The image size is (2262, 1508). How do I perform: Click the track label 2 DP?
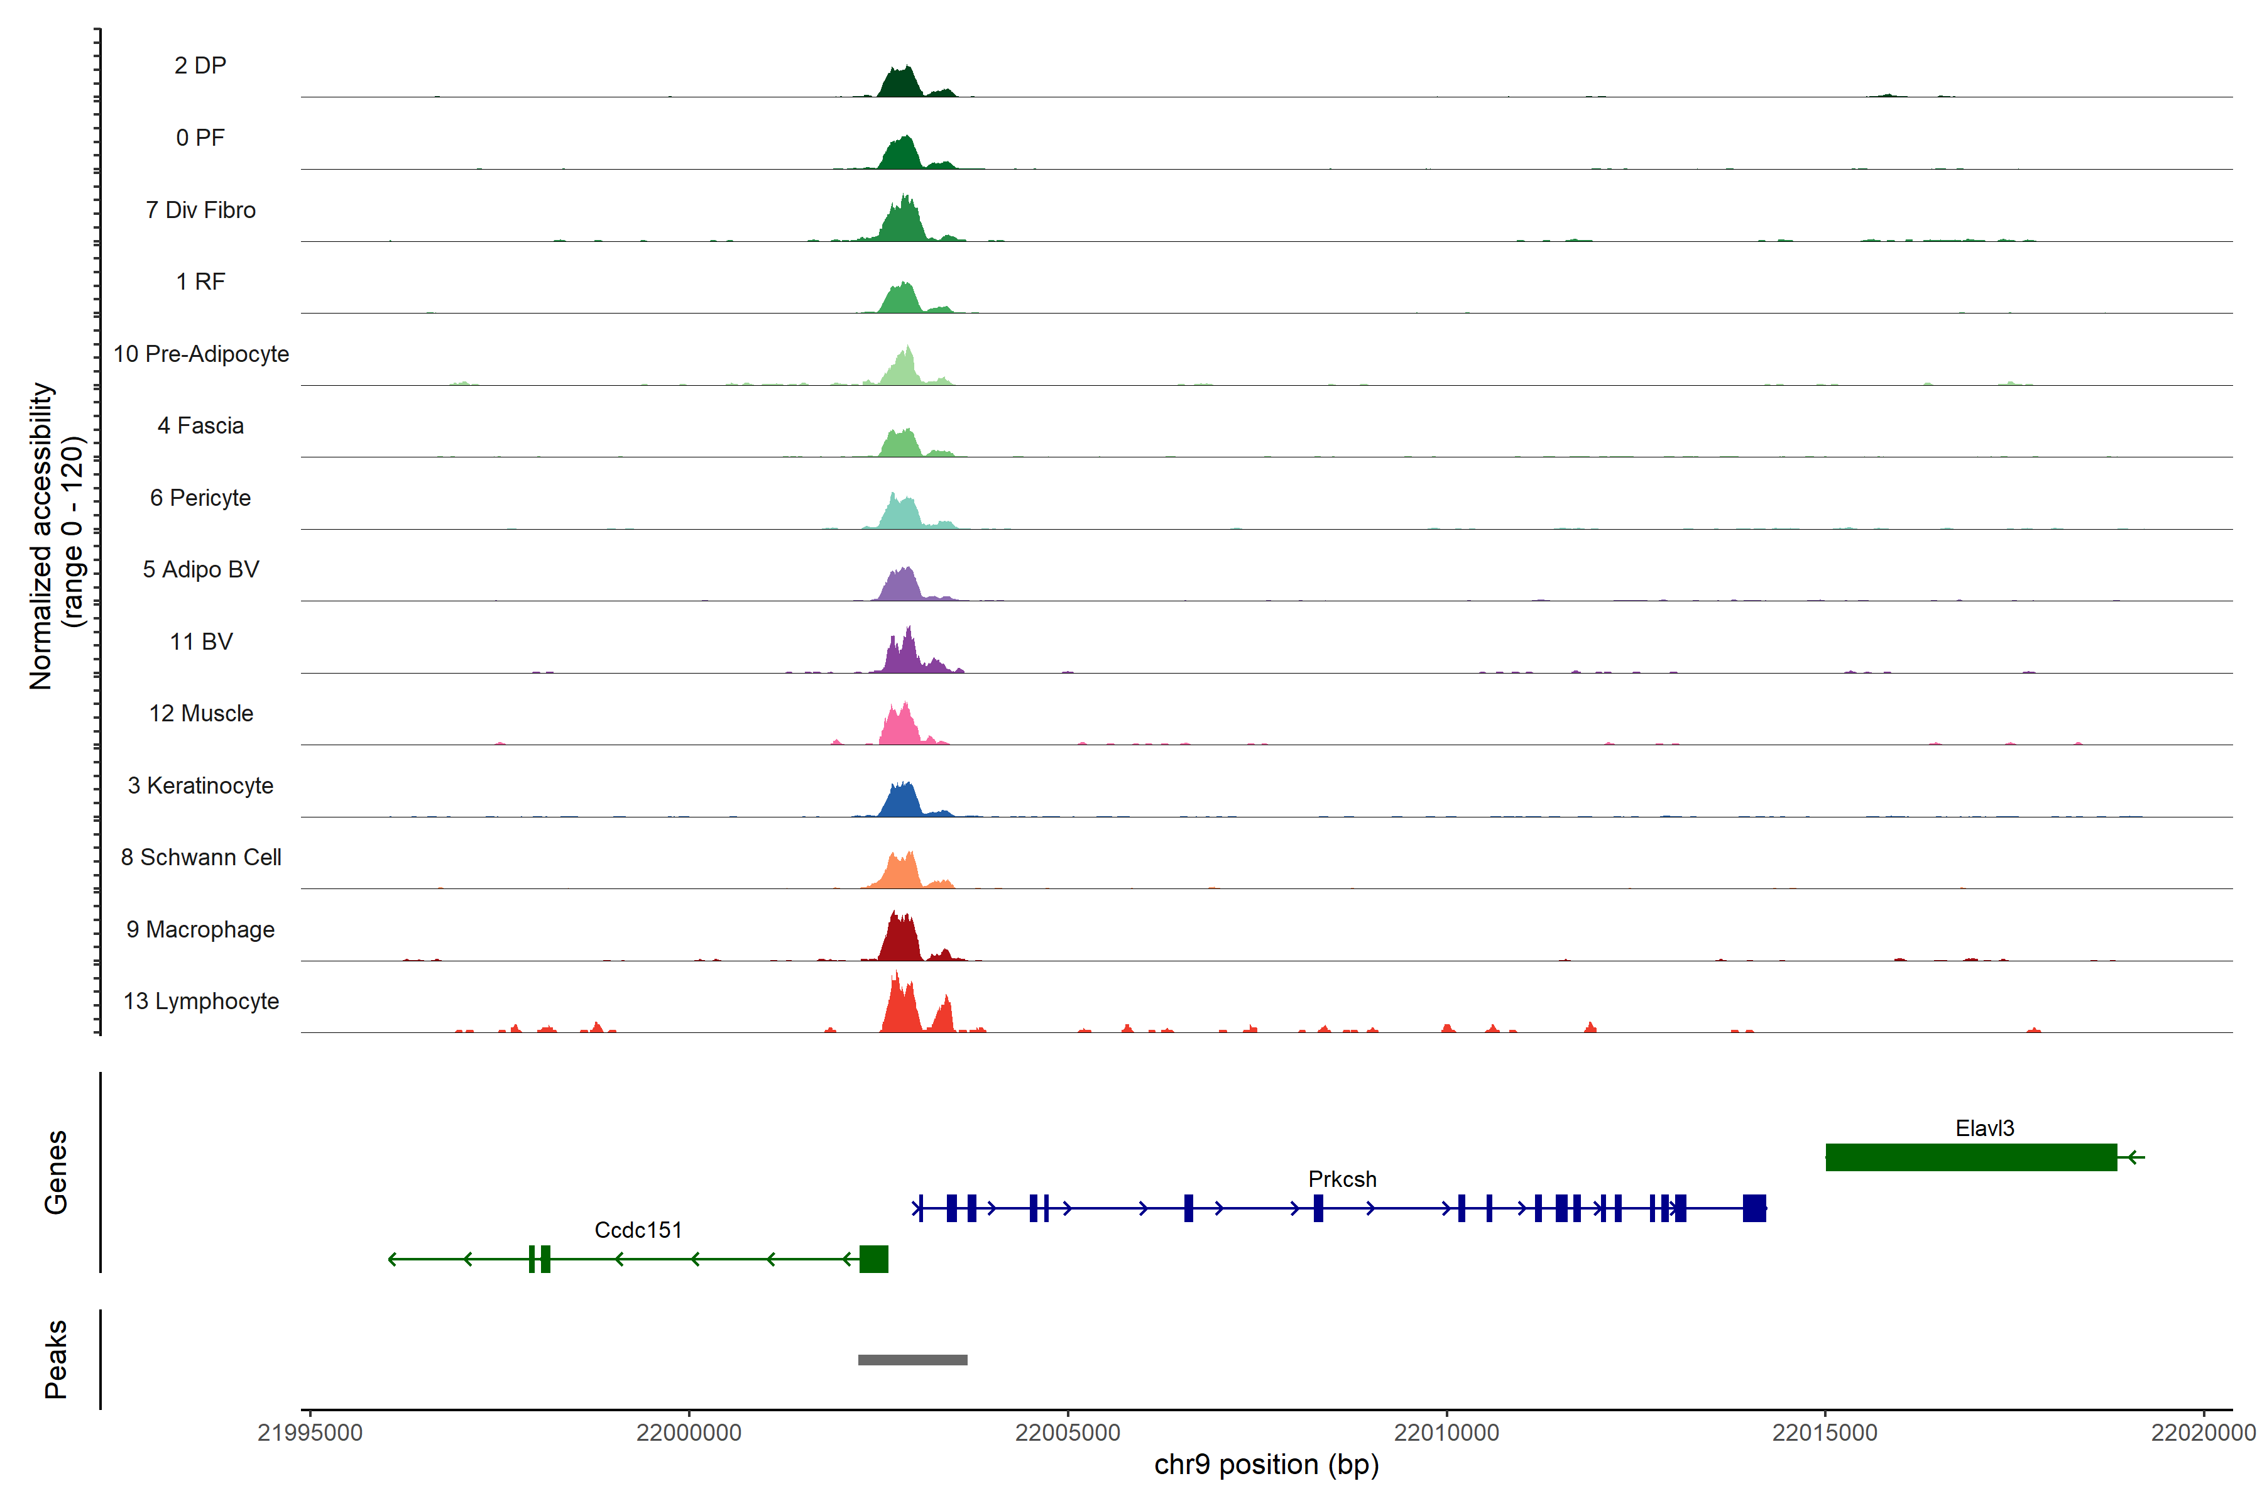[x=200, y=65]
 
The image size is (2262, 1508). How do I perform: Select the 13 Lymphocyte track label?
[x=201, y=1001]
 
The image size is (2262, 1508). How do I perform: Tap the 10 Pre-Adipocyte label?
[x=201, y=354]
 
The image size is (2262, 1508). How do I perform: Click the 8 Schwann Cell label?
[x=201, y=857]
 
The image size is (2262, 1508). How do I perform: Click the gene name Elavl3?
[x=1984, y=1128]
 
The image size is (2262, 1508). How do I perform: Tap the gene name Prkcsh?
[x=1341, y=1179]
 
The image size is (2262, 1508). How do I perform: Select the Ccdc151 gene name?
[x=638, y=1230]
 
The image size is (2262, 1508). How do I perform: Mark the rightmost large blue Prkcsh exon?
[x=1754, y=1208]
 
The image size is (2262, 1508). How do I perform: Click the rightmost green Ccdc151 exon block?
[x=873, y=1259]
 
